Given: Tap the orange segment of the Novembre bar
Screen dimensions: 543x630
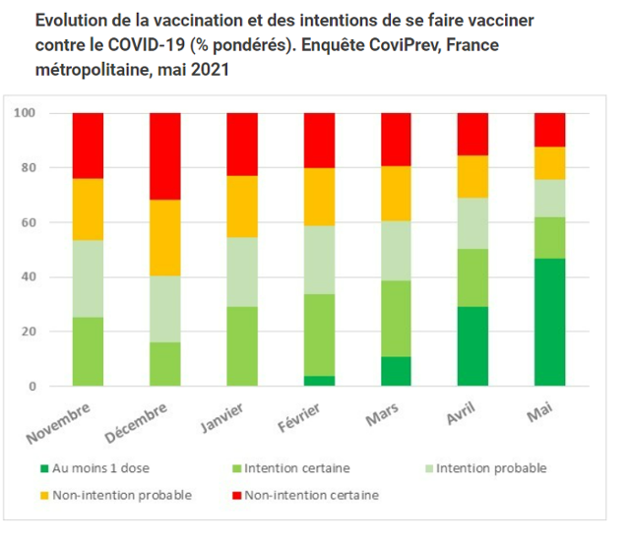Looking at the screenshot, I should (x=89, y=210).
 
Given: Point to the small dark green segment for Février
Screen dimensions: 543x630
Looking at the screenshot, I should (x=319, y=381).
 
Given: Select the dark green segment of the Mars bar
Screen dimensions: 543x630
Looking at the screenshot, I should (x=396, y=371).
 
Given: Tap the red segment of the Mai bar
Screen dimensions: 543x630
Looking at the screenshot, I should (x=549, y=130).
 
